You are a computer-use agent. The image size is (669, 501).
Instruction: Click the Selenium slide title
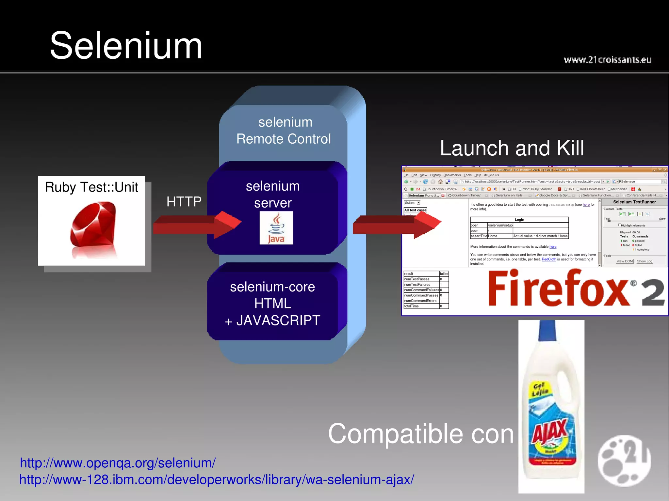(x=126, y=46)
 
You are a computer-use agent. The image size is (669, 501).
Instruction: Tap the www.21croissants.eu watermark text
(x=607, y=60)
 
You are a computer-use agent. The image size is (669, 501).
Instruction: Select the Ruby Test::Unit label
(x=91, y=187)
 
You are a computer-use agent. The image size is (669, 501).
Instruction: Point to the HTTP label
(x=184, y=202)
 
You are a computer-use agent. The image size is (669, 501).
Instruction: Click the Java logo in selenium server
(x=276, y=228)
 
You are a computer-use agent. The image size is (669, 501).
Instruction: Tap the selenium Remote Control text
(x=284, y=131)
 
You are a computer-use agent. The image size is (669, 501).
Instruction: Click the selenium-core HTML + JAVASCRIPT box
(x=273, y=304)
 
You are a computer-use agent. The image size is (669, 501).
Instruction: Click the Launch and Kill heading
(x=512, y=148)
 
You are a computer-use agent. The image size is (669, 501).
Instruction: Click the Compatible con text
(x=421, y=434)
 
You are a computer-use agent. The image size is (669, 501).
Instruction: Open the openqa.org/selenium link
(x=118, y=463)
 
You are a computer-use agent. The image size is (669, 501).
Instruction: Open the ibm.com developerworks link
(x=217, y=480)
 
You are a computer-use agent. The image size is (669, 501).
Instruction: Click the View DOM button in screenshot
(x=625, y=261)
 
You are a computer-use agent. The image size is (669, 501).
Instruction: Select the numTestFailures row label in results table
(x=417, y=285)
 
